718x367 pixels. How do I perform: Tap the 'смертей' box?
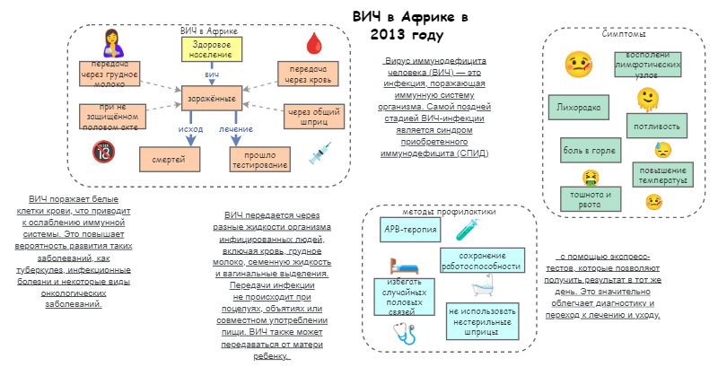click(169, 159)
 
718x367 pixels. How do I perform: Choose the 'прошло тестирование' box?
click(259, 159)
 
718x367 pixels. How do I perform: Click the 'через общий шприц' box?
click(310, 116)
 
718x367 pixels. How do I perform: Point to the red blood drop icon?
click(314, 42)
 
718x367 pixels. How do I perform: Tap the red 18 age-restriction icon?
click(102, 153)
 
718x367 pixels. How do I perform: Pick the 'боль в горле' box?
click(588, 149)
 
